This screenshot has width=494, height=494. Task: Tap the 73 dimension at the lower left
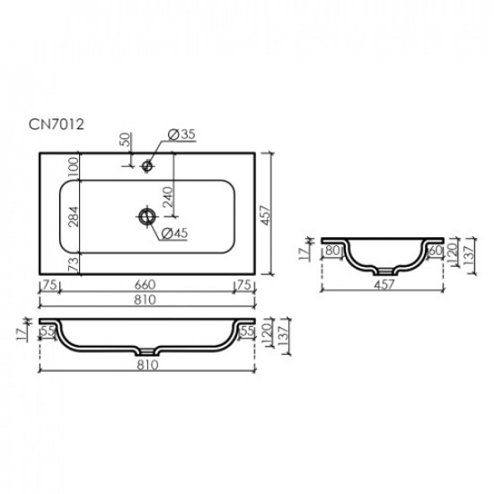point(73,262)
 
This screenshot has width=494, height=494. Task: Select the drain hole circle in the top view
point(145,216)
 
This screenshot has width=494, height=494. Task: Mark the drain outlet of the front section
point(147,350)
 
